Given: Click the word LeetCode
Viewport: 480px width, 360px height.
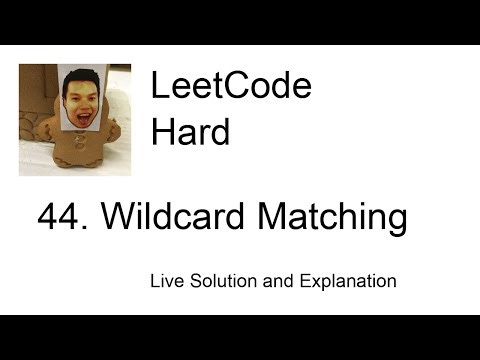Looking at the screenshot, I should point(231,88).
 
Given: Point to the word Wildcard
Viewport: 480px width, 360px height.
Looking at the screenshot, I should point(165,217).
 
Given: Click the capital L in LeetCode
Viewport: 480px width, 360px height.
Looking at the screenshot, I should point(158,88).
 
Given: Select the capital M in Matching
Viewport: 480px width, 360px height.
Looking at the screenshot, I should point(262,217).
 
